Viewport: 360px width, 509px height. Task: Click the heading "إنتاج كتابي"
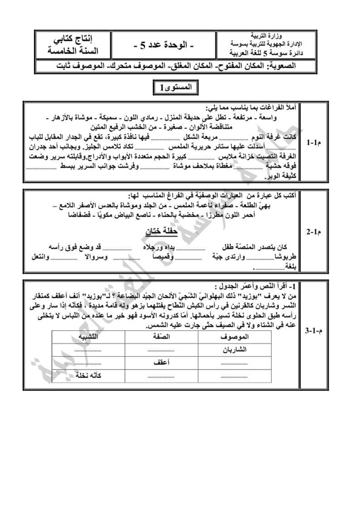point(75,40)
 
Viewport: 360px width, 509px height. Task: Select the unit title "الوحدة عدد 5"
point(164,45)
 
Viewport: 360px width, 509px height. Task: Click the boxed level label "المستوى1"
point(176,87)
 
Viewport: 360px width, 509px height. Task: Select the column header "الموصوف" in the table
point(234,337)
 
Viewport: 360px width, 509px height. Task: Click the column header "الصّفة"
point(161,337)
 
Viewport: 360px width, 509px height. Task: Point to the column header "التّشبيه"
point(88,337)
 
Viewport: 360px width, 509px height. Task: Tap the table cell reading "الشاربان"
point(234,350)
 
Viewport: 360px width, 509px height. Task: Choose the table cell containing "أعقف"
point(161,362)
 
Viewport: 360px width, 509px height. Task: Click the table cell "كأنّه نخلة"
point(88,375)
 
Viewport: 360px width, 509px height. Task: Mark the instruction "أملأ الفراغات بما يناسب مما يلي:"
point(251,108)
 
